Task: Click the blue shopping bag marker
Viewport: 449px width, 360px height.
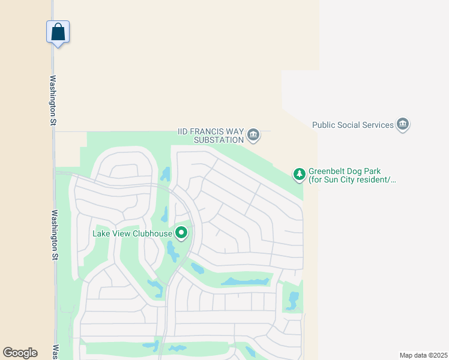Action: pyautogui.click(x=58, y=32)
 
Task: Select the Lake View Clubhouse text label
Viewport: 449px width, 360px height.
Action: pyautogui.click(x=133, y=233)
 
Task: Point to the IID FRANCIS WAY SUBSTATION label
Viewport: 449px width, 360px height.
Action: pyautogui.click(x=211, y=136)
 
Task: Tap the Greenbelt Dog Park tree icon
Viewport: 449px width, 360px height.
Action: pyautogui.click(x=299, y=175)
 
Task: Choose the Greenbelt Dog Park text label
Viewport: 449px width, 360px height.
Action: pyautogui.click(x=352, y=175)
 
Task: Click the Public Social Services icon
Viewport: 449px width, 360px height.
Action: pyautogui.click(x=403, y=124)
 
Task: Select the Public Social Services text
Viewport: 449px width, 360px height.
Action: pyautogui.click(x=353, y=125)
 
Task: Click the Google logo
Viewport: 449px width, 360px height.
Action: pyautogui.click(x=20, y=353)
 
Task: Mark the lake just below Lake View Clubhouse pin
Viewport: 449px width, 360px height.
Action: pyautogui.click(x=173, y=251)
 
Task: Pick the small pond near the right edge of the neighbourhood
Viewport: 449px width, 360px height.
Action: pyautogui.click(x=293, y=300)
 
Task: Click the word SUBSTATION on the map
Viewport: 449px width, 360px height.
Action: pyautogui.click(x=218, y=140)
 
